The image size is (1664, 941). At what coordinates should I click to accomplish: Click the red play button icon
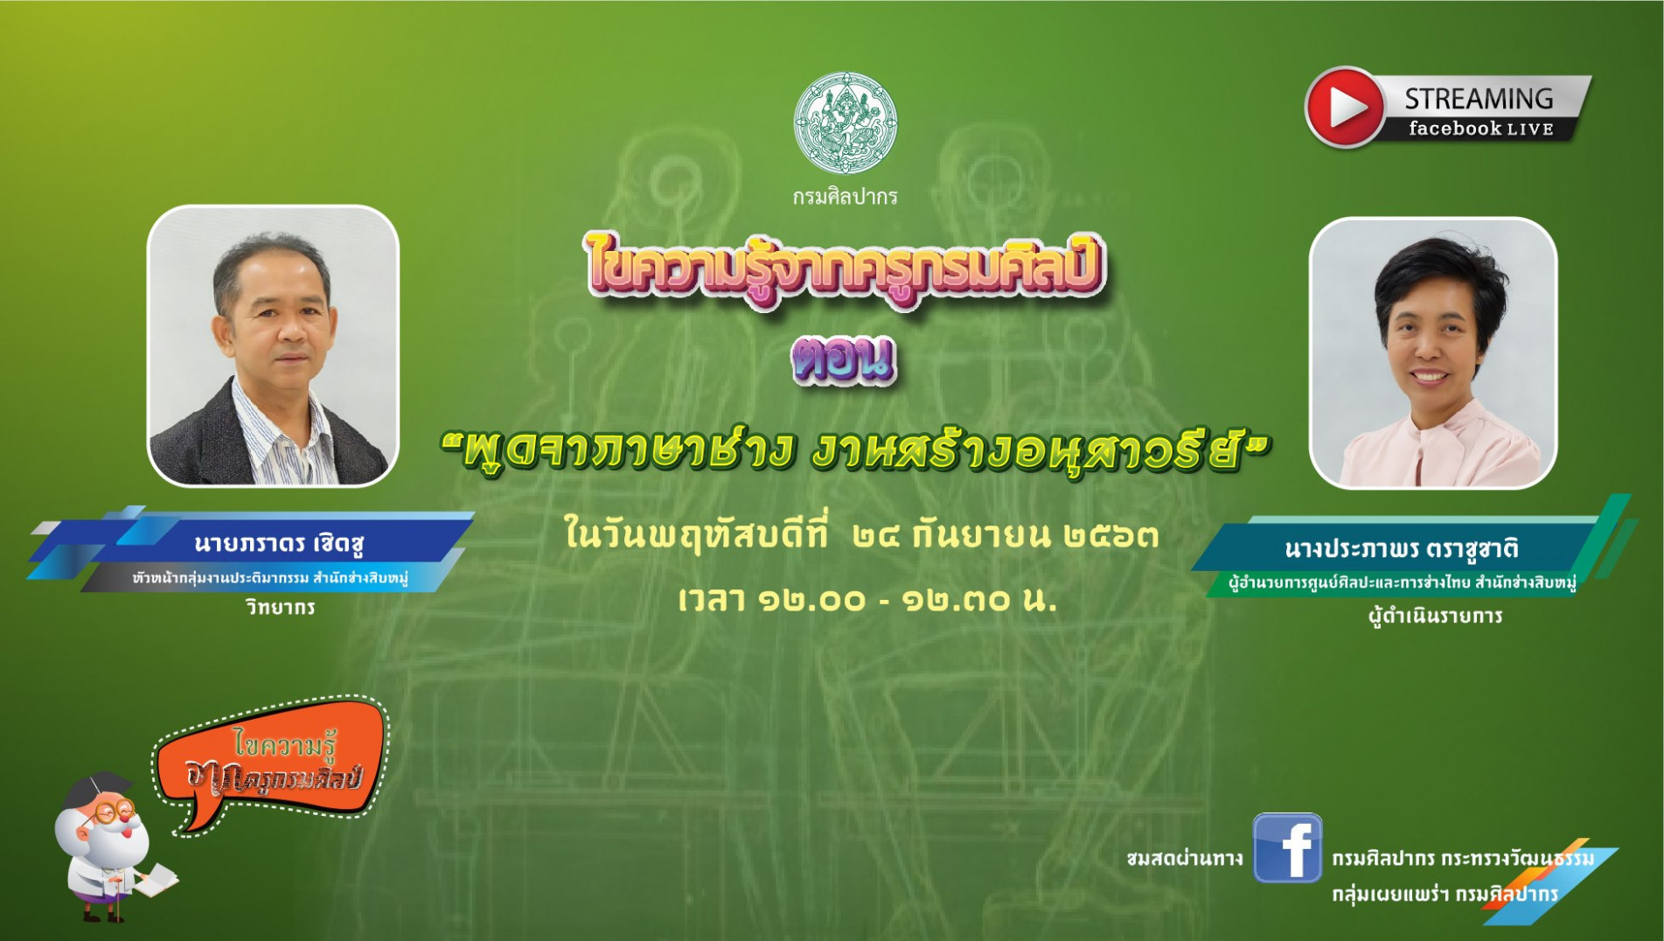point(1345,107)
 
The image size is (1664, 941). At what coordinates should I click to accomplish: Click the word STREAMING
point(1479,99)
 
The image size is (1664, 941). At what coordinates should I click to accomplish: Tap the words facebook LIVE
point(1480,129)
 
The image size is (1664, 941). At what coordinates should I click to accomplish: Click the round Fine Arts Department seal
point(846,122)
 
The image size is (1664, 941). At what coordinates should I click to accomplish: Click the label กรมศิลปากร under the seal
point(845,197)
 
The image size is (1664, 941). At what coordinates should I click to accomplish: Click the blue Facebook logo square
point(1287,847)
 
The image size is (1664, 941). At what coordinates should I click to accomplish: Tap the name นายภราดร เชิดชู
point(279,543)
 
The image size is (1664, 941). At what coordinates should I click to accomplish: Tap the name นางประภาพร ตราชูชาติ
point(1401,548)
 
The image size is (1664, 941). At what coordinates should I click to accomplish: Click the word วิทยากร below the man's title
point(280,607)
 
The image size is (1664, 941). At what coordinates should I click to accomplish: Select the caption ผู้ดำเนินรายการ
point(1435,616)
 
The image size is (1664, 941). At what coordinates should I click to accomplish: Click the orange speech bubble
point(271,763)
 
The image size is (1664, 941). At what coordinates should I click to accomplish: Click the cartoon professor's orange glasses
point(112,811)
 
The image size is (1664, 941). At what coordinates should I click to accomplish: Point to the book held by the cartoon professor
point(154,880)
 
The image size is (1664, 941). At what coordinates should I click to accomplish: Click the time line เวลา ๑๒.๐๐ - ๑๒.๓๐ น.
point(867,599)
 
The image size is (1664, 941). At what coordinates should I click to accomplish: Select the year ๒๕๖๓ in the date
point(1111,535)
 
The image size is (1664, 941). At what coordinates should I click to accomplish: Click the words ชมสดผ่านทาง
point(1185,859)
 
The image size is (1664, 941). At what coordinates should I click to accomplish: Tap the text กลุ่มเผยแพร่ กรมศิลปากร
point(1445,895)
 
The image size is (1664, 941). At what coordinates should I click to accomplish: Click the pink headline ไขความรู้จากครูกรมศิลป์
point(845,268)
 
